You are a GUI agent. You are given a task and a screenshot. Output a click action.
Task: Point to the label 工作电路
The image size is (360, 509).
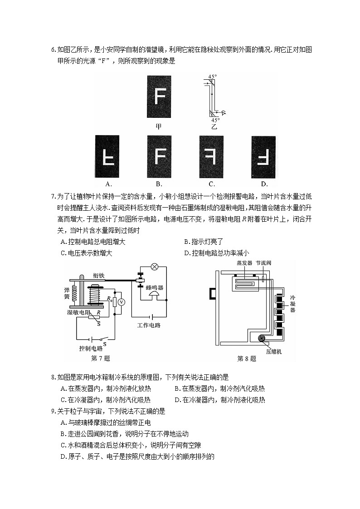(149, 325)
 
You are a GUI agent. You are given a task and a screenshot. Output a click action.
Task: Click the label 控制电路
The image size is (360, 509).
(91, 349)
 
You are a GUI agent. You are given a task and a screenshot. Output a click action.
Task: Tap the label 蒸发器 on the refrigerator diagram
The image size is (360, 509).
(244, 263)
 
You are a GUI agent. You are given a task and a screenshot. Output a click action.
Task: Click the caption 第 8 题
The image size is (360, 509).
(247, 359)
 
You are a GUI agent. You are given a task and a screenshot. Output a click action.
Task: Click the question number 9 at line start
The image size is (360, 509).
(54, 411)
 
